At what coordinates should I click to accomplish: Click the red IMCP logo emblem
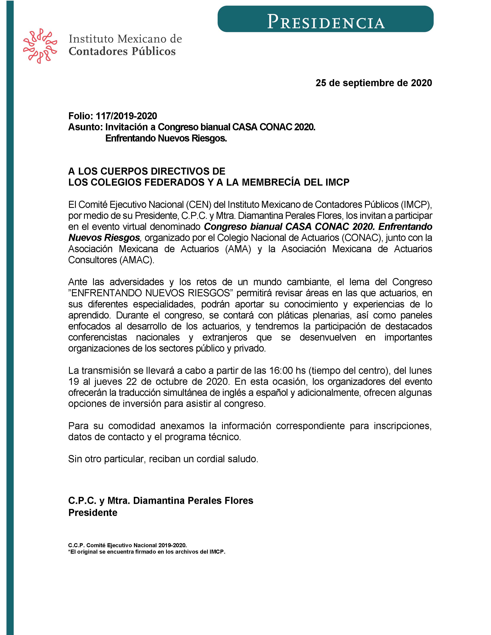tap(40, 46)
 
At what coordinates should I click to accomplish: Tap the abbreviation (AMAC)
tap(136, 260)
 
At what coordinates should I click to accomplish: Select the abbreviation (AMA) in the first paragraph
tap(238, 249)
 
